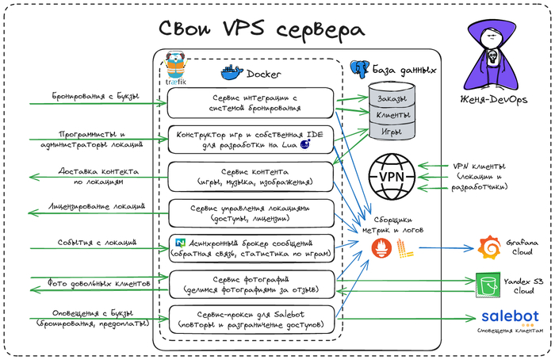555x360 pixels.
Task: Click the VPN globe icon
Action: pyautogui.click(x=393, y=177)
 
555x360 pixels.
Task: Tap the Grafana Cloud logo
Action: pyautogui.click(x=491, y=247)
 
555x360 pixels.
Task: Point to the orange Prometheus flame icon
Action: pyautogui.click(x=382, y=251)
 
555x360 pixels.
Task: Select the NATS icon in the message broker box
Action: pyautogui.click(x=180, y=242)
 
